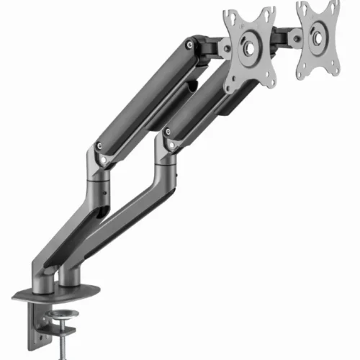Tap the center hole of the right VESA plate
click(318, 41)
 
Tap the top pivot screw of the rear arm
click(189, 45)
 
